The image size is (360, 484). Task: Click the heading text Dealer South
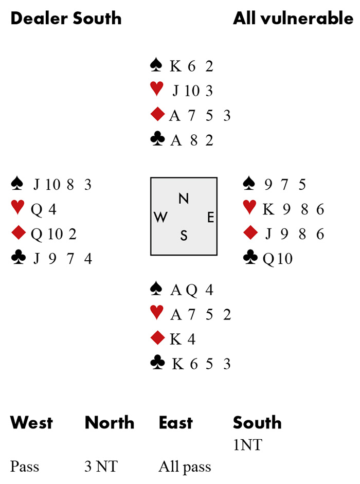tap(66, 19)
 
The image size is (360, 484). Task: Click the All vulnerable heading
tap(293, 19)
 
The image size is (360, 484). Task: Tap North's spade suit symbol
tap(156, 65)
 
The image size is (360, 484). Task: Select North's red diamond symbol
tap(157, 115)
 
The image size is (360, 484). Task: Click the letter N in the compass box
tap(183, 199)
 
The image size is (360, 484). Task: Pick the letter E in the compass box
tap(210, 218)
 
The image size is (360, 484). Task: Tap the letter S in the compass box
tap(184, 236)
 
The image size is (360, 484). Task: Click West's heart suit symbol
tap(17, 208)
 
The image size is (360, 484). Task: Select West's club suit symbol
tap(17, 257)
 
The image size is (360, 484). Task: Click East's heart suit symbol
tap(250, 208)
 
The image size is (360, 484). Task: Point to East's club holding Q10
tap(278, 258)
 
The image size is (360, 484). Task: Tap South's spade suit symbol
tap(156, 289)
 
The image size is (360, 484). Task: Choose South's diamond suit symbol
tap(157, 338)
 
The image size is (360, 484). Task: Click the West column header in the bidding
tap(31, 423)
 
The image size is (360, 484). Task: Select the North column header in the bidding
tap(110, 423)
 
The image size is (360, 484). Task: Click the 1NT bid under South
tap(247, 444)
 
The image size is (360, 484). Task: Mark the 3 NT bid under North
tap(101, 467)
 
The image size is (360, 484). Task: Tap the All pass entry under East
tap(185, 467)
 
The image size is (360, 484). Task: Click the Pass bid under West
tap(25, 467)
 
